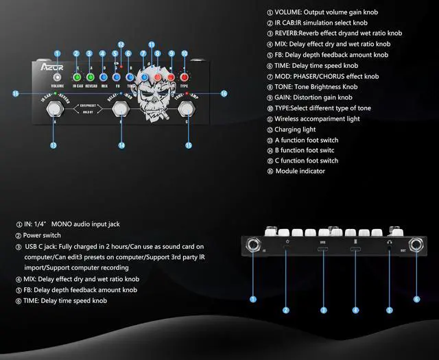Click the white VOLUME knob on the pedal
click(57, 76)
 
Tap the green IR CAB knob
click(76, 77)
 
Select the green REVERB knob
click(89, 77)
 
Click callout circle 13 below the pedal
click(53, 145)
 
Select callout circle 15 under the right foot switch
click(189, 145)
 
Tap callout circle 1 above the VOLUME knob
click(57, 53)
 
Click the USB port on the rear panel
click(322, 249)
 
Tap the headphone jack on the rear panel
click(389, 249)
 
